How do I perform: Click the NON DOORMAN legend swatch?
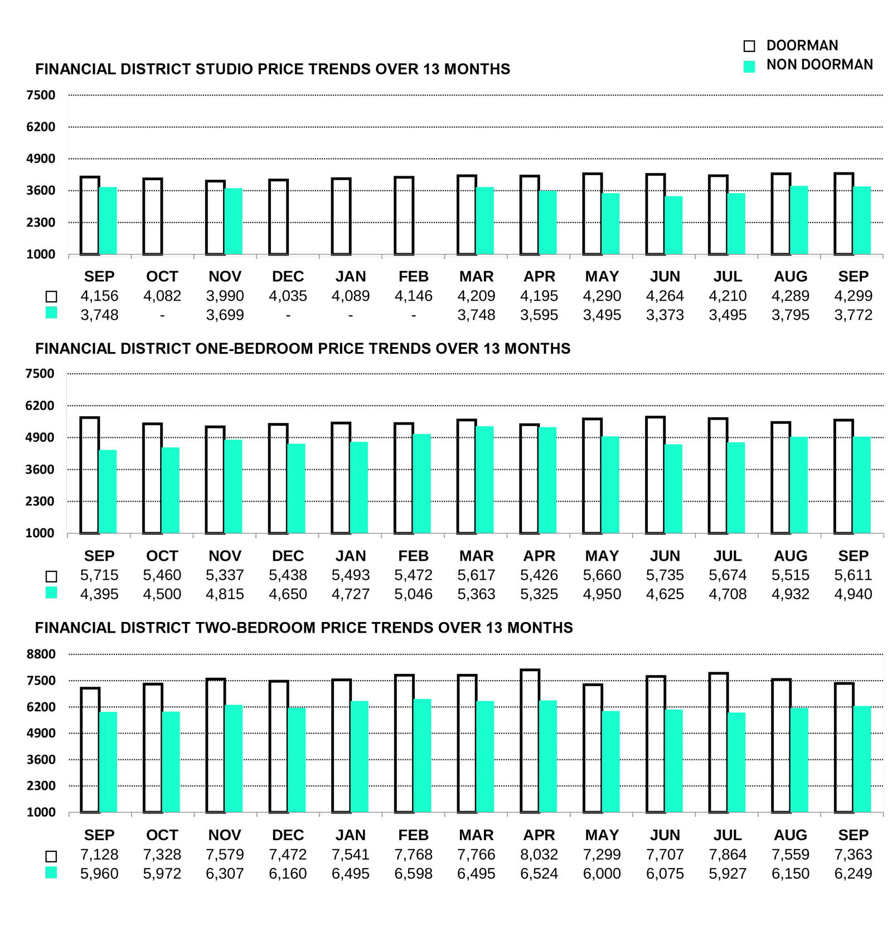pos(749,66)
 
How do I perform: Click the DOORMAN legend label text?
pos(802,45)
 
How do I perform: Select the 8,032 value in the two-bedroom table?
pos(539,854)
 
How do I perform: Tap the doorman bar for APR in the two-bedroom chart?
pos(530,740)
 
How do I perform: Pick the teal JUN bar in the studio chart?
pos(673,225)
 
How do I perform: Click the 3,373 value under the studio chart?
pos(665,315)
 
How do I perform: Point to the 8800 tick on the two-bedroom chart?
pos(41,654)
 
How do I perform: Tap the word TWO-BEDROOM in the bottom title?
pos(256,628)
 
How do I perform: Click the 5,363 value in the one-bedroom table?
pos(476,594)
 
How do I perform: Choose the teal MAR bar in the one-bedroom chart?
pos(484,480)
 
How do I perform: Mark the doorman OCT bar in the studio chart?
pos(153,216)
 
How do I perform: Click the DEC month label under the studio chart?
pos(288,276)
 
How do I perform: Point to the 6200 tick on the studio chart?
pos(41,127)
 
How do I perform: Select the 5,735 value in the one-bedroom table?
pos(665,575)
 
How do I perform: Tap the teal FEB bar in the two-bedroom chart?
pos(422,755)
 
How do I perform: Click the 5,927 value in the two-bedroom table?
pos(728,873)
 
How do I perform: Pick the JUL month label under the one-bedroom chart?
pos(728,556)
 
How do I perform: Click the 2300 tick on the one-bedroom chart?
pos(41,501)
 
